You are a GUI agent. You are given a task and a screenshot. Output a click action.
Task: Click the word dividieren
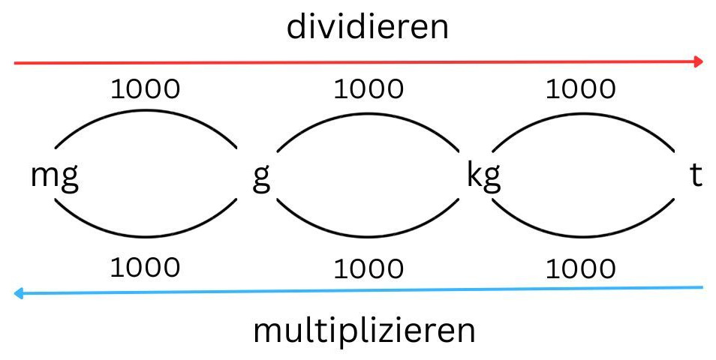(368, 28)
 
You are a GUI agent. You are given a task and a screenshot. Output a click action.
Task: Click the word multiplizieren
(364, 331)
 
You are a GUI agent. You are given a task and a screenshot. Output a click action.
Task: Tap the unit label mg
(55, 178)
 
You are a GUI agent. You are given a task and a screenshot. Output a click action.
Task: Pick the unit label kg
(483, 178)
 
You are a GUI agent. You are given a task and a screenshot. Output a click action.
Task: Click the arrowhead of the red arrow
(699, 61)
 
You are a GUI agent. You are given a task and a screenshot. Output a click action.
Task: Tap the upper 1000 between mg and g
(146, 88)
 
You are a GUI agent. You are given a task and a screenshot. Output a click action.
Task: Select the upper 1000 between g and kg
(369, 88)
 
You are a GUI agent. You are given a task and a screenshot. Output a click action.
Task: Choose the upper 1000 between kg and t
(581, 88)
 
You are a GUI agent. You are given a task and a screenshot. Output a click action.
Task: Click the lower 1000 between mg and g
(146, 266)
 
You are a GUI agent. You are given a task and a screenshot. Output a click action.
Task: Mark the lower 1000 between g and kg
(369, 268)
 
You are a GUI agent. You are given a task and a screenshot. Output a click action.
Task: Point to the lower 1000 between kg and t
(581, 268)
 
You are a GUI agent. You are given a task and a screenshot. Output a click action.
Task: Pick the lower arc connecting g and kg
(368, 236)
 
